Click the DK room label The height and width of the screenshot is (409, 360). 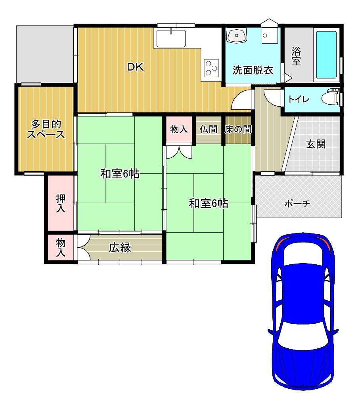pyautogui.click(x=135, y=67)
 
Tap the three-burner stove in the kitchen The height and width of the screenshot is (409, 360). pyautogui.click(x=211, y=68)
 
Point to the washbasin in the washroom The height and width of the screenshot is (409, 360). pyautogui.click(x=237, y=35)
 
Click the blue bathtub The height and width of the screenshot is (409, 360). pyautogui.click(x=326, y=54)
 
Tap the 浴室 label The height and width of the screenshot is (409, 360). pyautogui.click(x=296, y=56)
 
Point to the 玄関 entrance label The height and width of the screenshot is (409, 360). pyautogui.click(x=316, y=144)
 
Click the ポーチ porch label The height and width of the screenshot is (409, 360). pyautogui.click(x=297, y=204)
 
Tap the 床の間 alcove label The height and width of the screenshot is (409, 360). pyautogui.click(x=238, y=129)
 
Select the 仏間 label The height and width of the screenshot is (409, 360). pyautogui.click(x=208, y=129)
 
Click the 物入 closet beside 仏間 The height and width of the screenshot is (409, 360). pyautogui.click(x=179, y=129)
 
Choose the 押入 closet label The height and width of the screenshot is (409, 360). pyautogui.click(x=60, y=203)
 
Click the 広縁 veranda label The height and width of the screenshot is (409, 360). pyautogui.click(x=120, y=248)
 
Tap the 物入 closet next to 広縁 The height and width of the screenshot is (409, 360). pyautogui.click(x=60, y=248)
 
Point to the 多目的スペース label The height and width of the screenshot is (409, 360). pyautogui.click(x=46, y=129)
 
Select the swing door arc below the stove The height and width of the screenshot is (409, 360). pyautogui.click(x=241, y=99)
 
